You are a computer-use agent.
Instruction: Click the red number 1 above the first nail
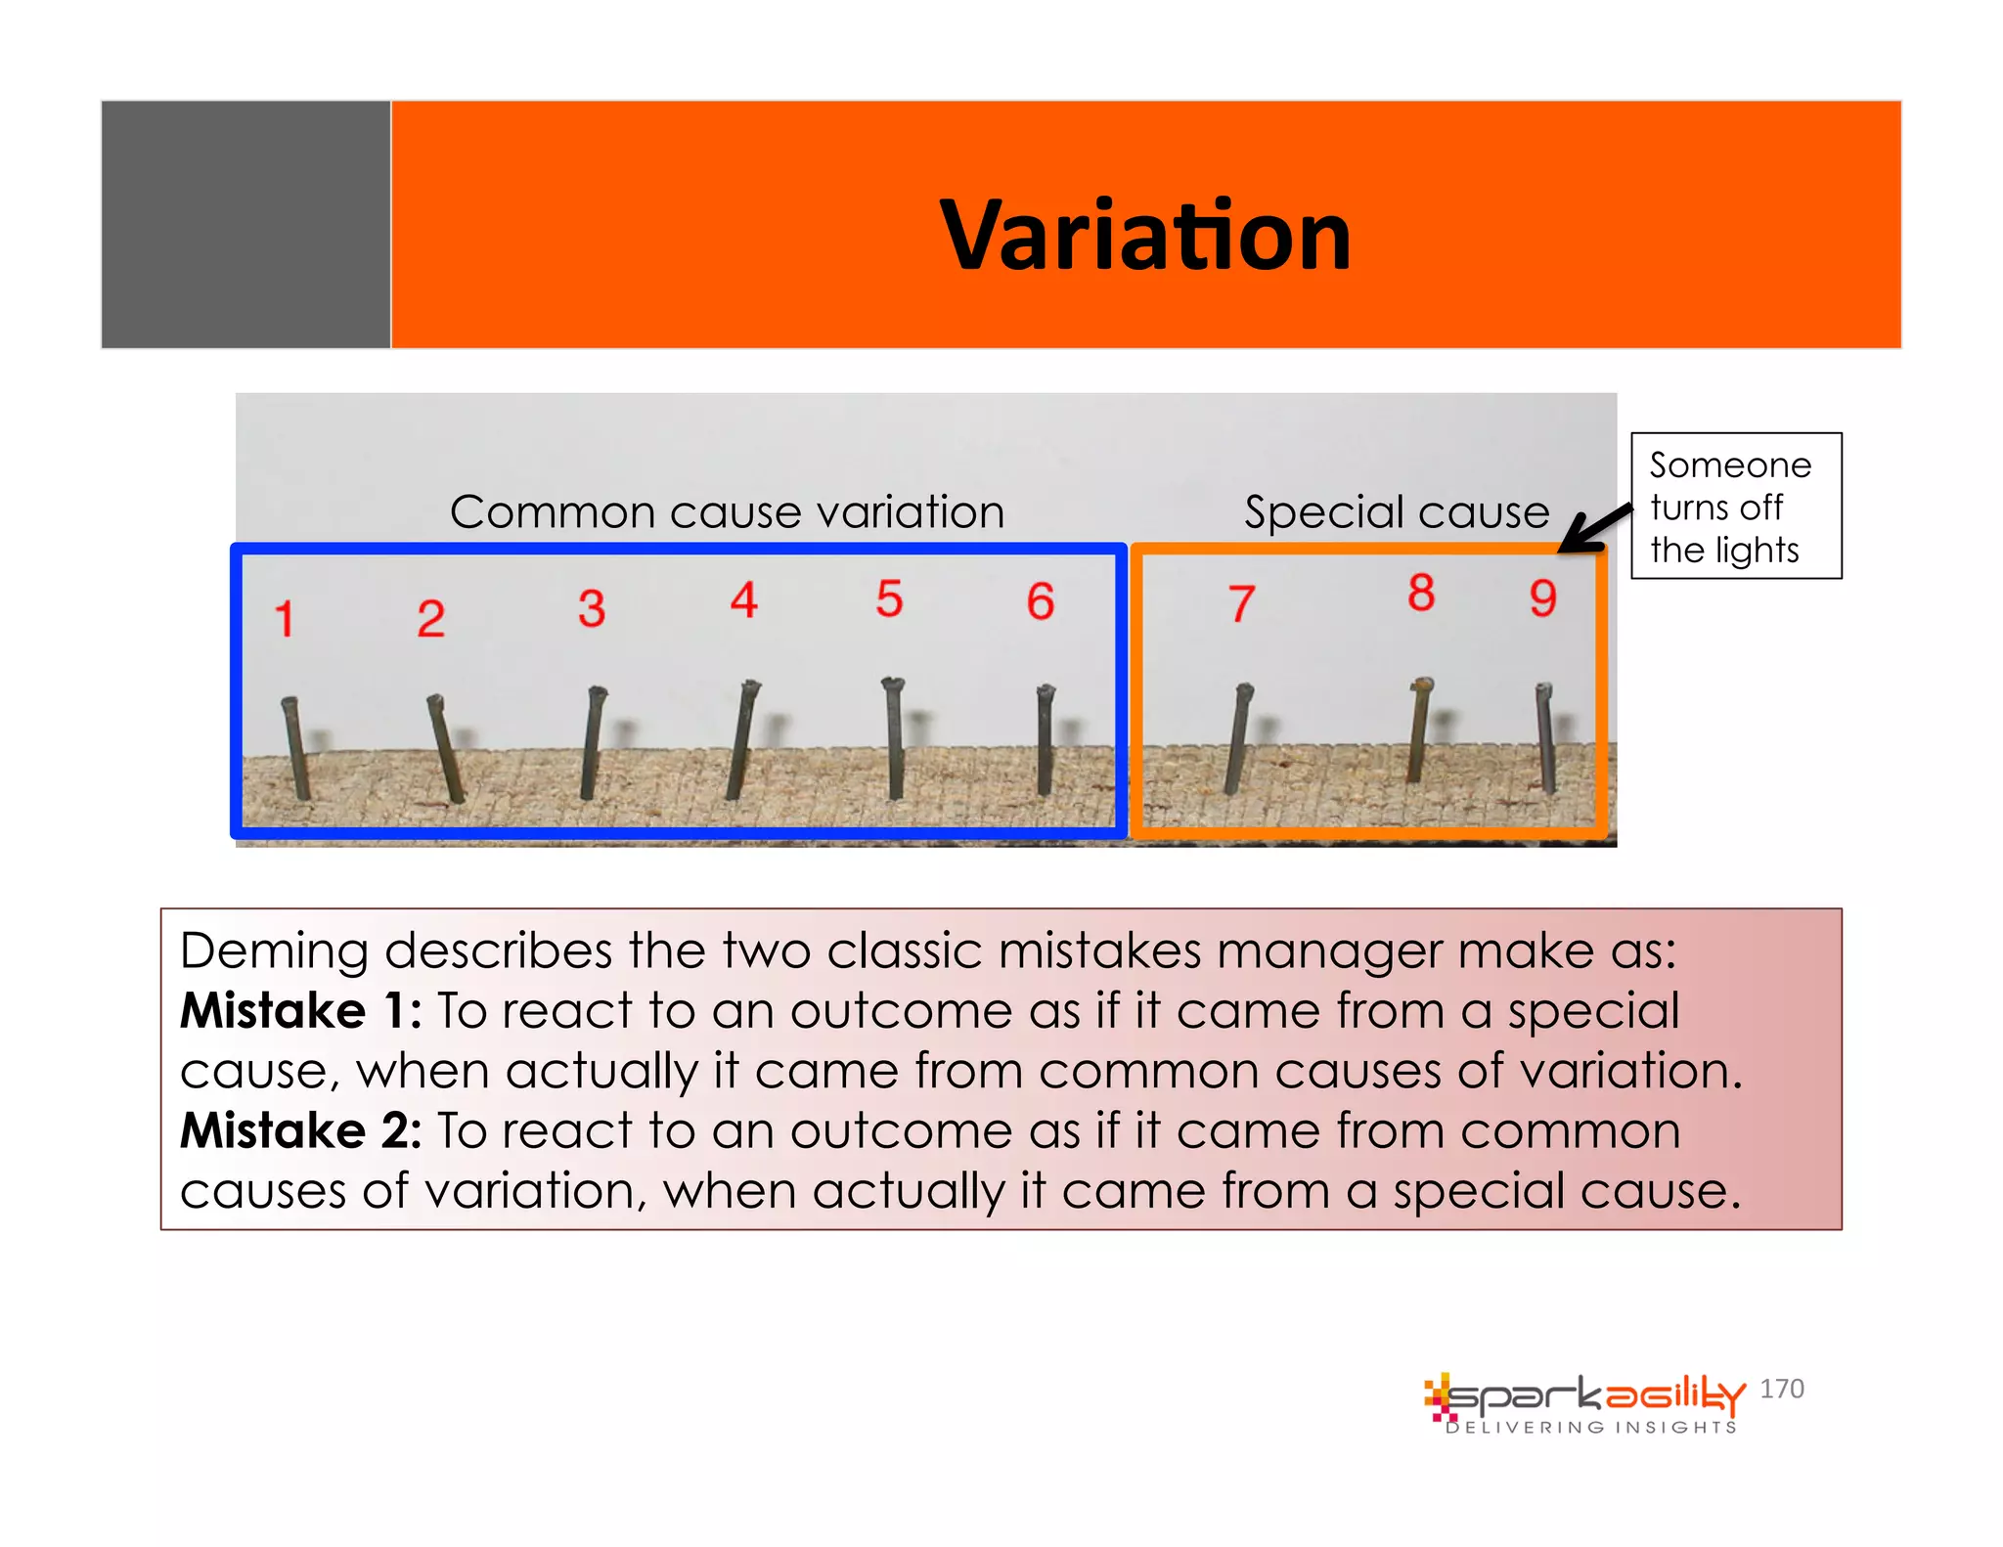click(285, 618)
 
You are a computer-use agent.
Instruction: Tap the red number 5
click(888, 598)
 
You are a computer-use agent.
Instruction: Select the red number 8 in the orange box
click(1421, 593)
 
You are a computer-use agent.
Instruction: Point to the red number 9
click(1542, 597)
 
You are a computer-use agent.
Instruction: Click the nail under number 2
click(445, 748)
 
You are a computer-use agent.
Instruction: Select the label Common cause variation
click(727, 512)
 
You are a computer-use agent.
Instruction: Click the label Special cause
click(1397, 512)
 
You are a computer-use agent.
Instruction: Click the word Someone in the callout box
click(1730, 465)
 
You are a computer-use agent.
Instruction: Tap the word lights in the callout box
click(1757, 551)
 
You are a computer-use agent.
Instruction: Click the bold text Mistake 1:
click(300, 1010)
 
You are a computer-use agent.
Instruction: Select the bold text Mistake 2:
click(300, 1130)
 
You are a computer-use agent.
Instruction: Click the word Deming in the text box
click(273, 951)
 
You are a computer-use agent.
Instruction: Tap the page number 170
click(1781, 1389)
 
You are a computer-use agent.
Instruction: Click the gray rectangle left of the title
click(245, 224)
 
